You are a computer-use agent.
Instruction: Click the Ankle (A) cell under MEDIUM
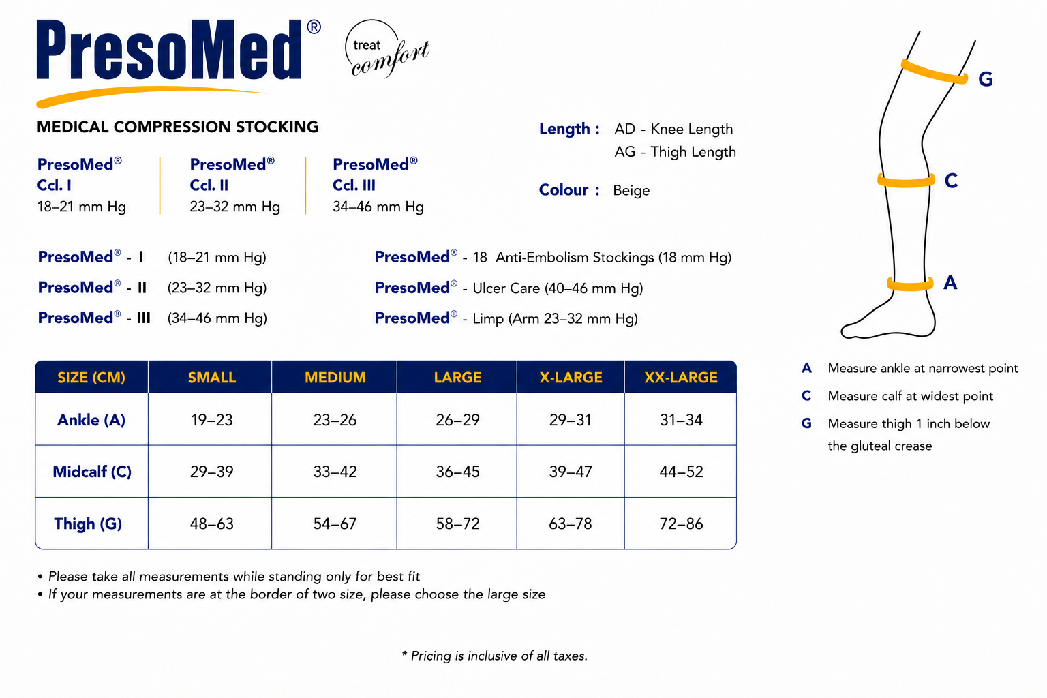(x=335, y=420)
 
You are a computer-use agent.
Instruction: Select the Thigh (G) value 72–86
(x=681, y=523)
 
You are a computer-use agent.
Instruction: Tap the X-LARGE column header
(x=571, y=377)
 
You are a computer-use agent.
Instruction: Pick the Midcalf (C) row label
(x=92, y=472)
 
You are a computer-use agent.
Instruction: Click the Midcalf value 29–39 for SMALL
(x=211, y=472)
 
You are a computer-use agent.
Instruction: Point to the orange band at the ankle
(x=910, y=284)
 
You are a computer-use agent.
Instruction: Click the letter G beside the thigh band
(x=985, y=79)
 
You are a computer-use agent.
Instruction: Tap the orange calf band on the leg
(x=906, y=181)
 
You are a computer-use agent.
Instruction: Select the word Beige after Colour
(x=631, y=191)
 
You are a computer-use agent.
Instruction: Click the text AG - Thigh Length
(x=675, y=152)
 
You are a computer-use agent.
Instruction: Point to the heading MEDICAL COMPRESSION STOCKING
(x=178, y=127)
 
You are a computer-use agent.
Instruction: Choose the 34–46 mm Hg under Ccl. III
(x=378, y=207)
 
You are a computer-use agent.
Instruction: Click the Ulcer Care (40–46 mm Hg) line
(x=509, y=288)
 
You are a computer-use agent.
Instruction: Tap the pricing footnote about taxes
(x=494, y=656)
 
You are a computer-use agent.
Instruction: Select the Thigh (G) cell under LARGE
(x=457, y=523)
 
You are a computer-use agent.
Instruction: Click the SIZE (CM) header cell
(x=91, y=377)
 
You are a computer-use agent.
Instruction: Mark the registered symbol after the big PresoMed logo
(x=314, y=27)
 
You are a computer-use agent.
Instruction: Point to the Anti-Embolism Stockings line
(x=553, y=257)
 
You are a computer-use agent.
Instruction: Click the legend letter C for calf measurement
(x=806, y=396)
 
